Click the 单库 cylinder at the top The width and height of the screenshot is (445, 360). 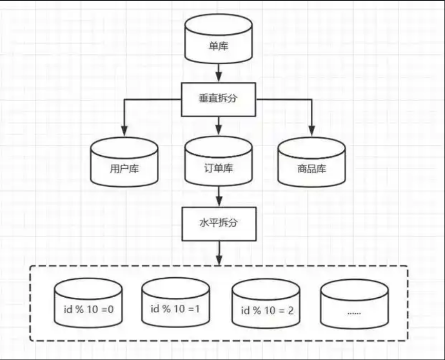point(219,39)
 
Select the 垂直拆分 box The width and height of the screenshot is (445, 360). point(219,99)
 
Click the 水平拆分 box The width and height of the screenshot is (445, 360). point(219,224)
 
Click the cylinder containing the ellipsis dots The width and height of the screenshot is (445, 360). point(355,304)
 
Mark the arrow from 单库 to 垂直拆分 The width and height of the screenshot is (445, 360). point(219,72)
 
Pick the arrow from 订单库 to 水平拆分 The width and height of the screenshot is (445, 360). point(219,196)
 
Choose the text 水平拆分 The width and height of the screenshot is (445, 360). point(219,224)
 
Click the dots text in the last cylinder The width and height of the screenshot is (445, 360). point(355,312)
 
